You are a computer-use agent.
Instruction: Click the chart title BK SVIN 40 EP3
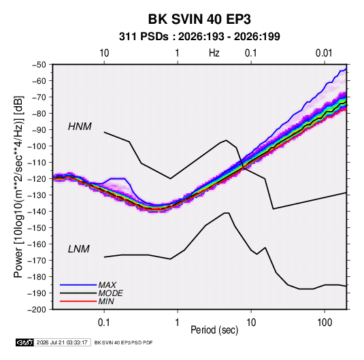tap(199, 19)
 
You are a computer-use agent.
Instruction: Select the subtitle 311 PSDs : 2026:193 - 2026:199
tap(199, 37)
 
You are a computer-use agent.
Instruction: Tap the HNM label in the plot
tap(80, 127)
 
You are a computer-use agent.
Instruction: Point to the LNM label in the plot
tap(79, 249)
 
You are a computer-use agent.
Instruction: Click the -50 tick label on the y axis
tap(39, 65)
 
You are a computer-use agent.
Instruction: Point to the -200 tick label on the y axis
tap(37, 310)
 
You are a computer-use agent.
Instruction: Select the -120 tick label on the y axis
tap(37, 179)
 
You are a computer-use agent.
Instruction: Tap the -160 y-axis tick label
tap(37, 244)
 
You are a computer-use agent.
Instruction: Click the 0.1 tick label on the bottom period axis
tap(104, 323)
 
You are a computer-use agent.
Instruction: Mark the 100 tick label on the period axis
tap(325, 323)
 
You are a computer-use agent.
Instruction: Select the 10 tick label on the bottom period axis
tap(251, 323)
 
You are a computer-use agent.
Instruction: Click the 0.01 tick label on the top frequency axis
tap(324, 53)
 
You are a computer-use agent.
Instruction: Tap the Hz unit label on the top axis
tap(214, 53)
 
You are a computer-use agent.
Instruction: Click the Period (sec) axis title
tap(214, 330)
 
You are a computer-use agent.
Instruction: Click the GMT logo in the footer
tap(24, 342)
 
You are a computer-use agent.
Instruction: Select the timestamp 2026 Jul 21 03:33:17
tap(62, 342)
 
